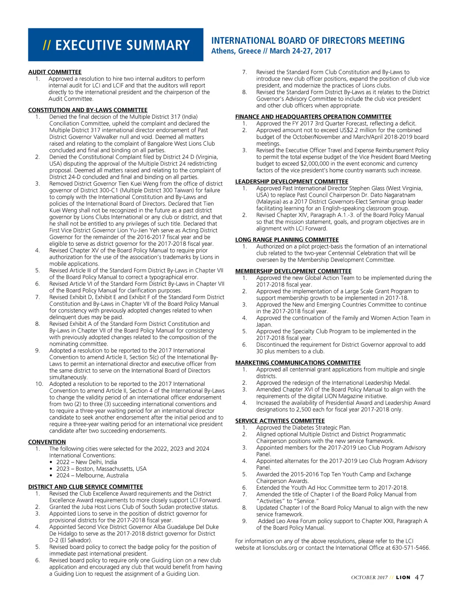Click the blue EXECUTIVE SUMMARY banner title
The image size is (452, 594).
tap(116, 45)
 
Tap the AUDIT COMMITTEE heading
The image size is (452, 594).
tap(55, 72)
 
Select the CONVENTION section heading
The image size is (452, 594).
tap(47, 442)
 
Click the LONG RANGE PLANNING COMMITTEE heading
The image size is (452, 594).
tap(287, 240)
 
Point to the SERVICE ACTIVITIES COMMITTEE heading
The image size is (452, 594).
tap(280, 421)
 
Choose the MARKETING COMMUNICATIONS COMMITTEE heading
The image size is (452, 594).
tap(298, 363)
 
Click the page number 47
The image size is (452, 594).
tap(419, 577)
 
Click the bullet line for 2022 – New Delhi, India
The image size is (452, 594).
tap(86, 462)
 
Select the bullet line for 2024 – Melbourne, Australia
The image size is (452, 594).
tap(92, 475)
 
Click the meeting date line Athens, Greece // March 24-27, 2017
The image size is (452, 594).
tap(271, 51)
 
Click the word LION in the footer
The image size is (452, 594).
tap(403, 577)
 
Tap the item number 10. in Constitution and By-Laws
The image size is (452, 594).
tap(39, 384)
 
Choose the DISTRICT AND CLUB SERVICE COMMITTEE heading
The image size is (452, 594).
tap(86, 487)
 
